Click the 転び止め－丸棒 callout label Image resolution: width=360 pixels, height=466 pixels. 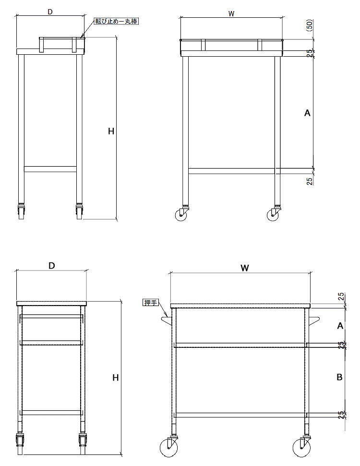(116, 21)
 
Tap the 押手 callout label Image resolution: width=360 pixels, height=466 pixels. (151, 303)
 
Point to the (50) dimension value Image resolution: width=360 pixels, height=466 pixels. (309, 25)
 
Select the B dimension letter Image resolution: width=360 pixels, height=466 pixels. (339, 377)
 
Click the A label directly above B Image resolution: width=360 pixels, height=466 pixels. (340, 326)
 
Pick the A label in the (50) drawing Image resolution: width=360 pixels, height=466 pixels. (307, 113)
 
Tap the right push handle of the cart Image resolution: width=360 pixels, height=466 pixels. (314, 321)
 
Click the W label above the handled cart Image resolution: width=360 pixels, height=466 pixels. (244, 268)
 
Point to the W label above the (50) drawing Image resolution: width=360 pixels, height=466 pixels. (231, 13)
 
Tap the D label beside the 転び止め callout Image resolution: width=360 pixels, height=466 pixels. (50, 12)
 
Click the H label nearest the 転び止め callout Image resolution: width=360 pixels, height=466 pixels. (111, 131)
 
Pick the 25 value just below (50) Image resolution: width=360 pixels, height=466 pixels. (310, 53)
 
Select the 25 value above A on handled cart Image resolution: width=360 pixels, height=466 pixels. (341, 296)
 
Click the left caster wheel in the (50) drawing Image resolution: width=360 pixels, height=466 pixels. (181, 215)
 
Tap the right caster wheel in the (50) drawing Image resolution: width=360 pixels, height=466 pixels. (273, 215)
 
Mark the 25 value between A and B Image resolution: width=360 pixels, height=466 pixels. (341, 345)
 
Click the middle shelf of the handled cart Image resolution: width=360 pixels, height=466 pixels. (240, 345)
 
